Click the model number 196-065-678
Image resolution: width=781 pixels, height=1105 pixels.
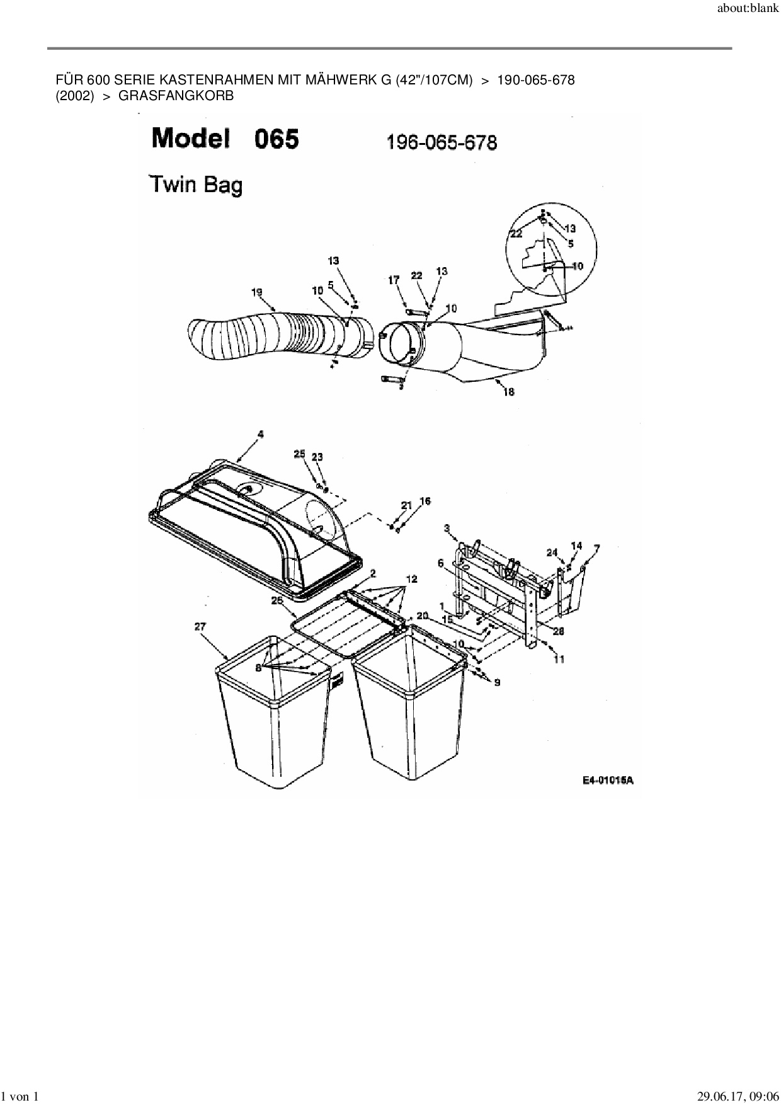click(441, 142)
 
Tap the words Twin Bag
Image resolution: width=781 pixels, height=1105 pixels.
click(195, 185)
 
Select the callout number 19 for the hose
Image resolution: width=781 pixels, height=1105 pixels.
click(256, 292)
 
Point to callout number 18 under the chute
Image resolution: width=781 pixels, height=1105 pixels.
click(509, 392)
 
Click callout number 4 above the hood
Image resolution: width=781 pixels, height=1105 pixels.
click(260, 434)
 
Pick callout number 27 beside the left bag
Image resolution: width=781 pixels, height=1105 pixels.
click(200, 626)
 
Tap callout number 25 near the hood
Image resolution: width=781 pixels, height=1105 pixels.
click(299, 454)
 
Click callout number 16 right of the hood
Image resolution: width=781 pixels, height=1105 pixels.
click(425, 501)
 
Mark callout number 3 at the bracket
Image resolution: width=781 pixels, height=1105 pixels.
click(447, 527)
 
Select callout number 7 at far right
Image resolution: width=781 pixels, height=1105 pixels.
click(596, 548)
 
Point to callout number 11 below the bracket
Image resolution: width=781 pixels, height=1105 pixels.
click(559, 659)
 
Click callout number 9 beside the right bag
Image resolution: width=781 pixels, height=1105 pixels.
click(497, 682)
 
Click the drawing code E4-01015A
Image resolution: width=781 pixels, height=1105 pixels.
click(608, 781)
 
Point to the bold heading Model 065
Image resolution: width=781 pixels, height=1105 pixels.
click(225, 139)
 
